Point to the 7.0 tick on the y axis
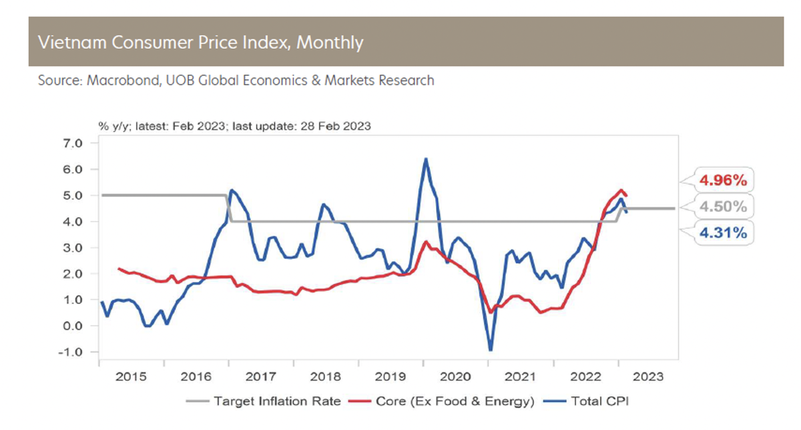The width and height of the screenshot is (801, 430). click(71, 144)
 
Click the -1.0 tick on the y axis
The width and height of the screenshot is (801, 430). click(70, 352)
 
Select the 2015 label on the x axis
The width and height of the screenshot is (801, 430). click(131, 377)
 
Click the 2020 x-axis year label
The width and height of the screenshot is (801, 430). click(456, 377)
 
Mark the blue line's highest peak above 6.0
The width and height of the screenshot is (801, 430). click(426, 159)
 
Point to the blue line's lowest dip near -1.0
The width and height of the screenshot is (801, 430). click(491, 350)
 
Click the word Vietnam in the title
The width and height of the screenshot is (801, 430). click(67, 43)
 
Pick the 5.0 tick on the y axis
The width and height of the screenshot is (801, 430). click(71, 196)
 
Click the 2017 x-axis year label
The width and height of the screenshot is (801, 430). click(262, 377)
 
